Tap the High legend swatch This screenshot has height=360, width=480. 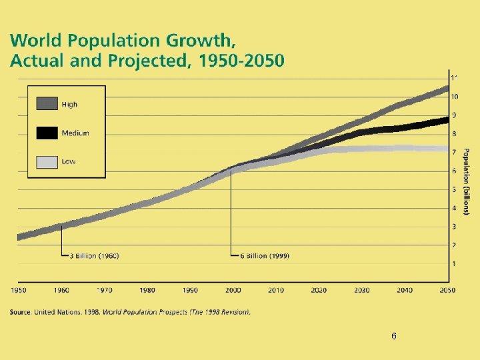click(47, 104)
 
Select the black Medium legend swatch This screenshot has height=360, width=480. click(47, 133)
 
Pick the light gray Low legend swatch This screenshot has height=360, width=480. click(47, 161)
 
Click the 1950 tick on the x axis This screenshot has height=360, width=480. click(19, 290)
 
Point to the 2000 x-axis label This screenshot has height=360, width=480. click(233, 290)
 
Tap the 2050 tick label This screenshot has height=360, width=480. click(447, 290)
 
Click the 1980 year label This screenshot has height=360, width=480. click(147, 290)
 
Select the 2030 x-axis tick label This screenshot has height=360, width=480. click(361, 290)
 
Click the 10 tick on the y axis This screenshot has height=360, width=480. click(455, 97)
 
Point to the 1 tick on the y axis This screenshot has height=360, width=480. click(455, 265)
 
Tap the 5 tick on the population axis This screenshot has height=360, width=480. click(455, 190)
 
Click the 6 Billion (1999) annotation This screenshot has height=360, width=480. click(265, 255)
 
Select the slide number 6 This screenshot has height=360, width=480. click(394, 337)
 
